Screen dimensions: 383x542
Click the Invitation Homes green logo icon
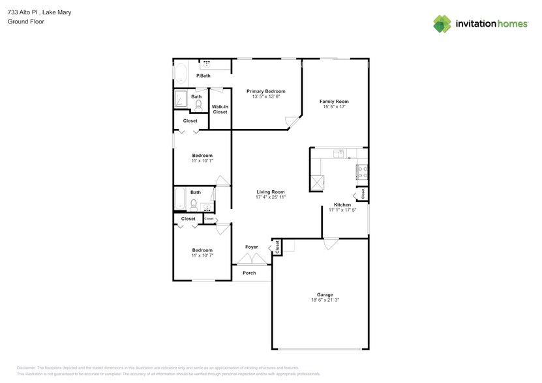[442, 23]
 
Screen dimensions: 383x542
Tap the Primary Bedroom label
[265, 91]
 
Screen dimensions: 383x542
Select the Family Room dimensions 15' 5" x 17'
[333, 107]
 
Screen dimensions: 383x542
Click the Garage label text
[325, 294]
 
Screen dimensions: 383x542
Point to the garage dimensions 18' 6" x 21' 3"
[325, 300]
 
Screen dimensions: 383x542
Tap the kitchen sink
[339, 154]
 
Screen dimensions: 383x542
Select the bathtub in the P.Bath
[181, 72]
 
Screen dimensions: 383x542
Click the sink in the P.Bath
[208, 64]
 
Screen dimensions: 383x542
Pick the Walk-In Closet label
[220, 109]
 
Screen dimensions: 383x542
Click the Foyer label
[251, 247]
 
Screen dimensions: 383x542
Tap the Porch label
[249, 273]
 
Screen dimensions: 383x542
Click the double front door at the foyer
[251, 259]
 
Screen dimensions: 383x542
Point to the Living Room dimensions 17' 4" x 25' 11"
[271, 197]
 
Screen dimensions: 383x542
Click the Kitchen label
[342, 205]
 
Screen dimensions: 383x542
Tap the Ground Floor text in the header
[22, 21]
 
